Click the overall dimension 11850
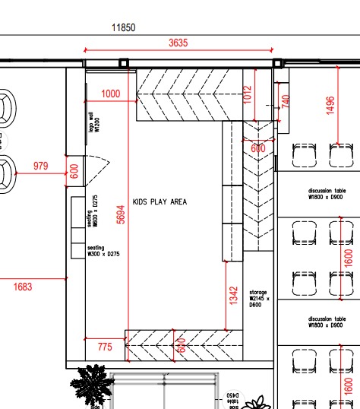[x=123, y=27]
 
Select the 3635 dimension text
[x=178, y=43]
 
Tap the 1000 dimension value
[x=111, y=94]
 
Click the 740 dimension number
[x=286, y=100]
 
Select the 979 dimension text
[x=40, y=166]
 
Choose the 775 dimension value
[x=105, y=347]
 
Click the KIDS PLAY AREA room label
[x=159, y=202]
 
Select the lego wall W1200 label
[x=91, y=123]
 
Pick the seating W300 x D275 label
[x=96, y=250]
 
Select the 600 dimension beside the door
[x=74, y=171]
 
